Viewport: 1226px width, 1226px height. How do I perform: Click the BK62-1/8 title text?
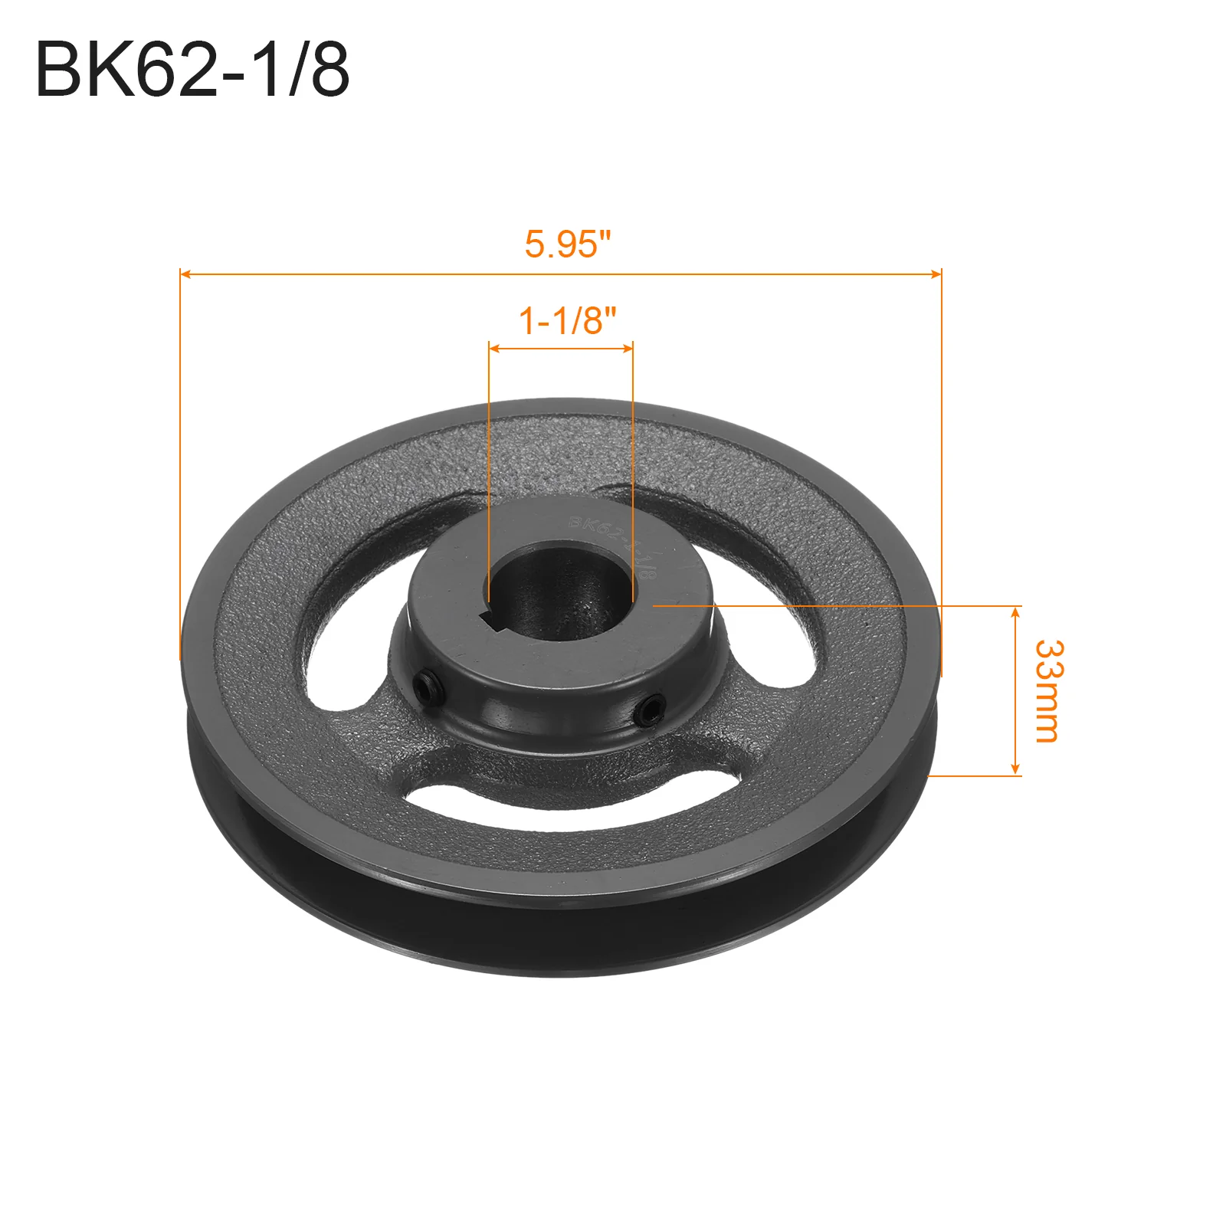(x=192, y=70)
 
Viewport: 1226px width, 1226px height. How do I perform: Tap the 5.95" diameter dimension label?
(x=568, y=244)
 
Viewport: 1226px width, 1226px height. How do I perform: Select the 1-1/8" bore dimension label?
(x=568, y=320)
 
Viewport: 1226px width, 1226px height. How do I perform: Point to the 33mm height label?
(x=1047, y=691)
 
